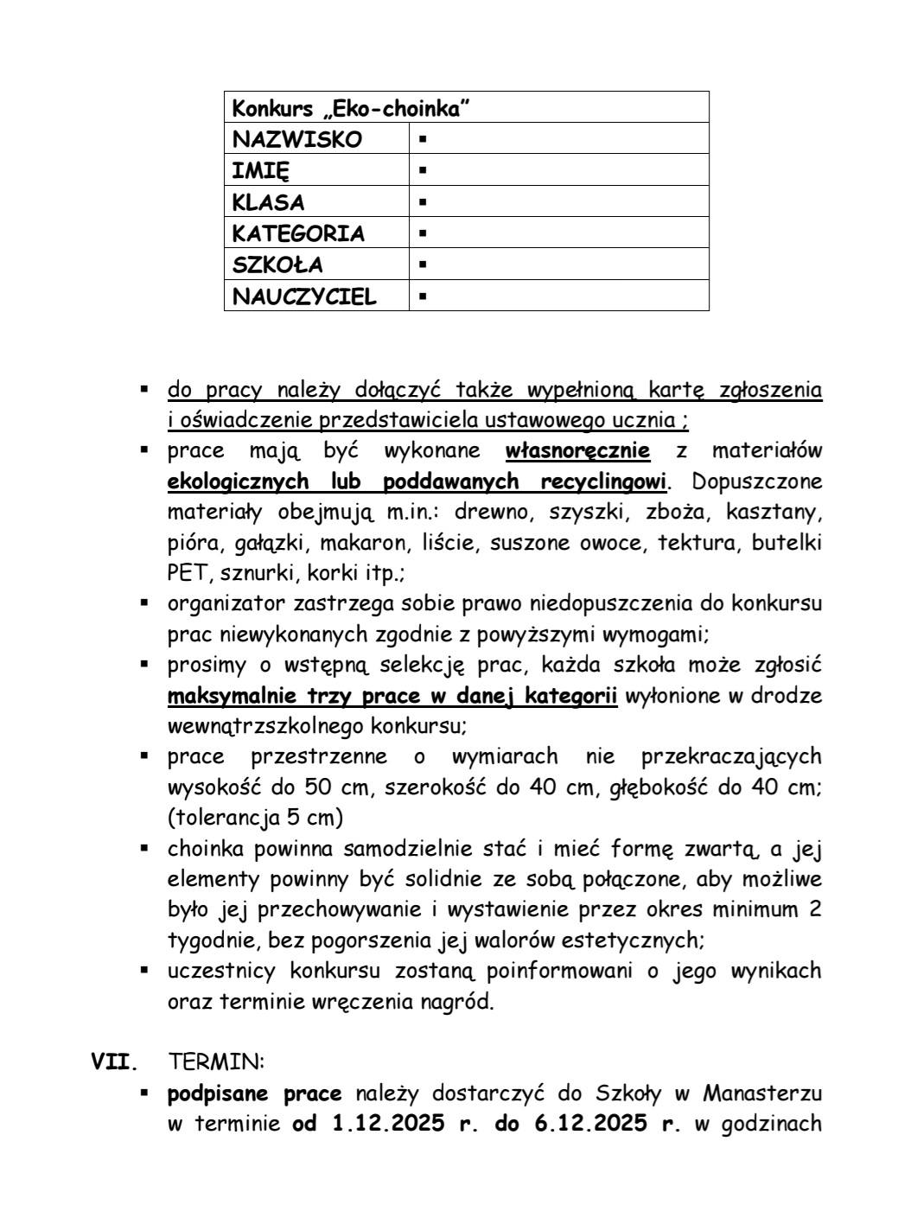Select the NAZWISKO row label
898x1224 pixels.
click(297, 139)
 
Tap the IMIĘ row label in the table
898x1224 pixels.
click(261, 170)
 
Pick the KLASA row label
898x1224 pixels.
click(268, 202)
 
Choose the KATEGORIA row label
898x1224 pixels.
click(298, 233)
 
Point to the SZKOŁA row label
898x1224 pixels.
click(277, 265)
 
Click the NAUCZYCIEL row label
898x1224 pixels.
click(304, 296)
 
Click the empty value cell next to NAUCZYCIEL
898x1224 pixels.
click(558, 296)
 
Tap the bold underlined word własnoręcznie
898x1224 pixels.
click(577, 450)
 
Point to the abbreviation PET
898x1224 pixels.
click(189, 573)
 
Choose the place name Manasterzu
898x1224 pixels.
click(761, 1093)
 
